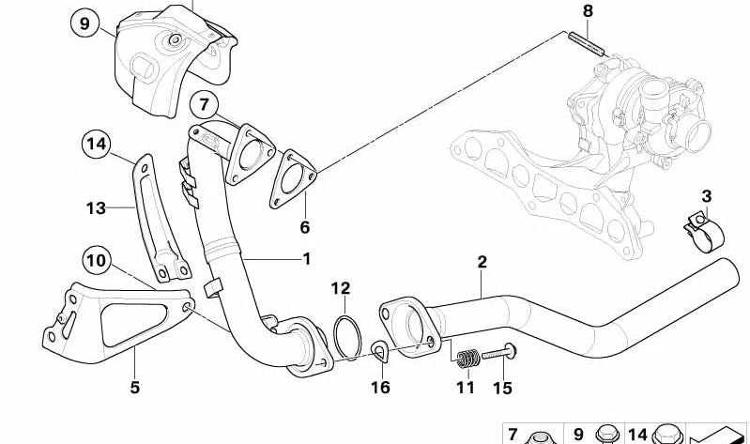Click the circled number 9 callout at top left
pyautogui.click(x=84, y=23)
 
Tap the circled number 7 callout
pyautogui.click(x=205, y=104)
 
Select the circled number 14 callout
pyautogui.click(x=96, y=144)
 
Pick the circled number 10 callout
pyautogui.click(x=97, y=260)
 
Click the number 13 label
pyautogui.click(x=96, y=208)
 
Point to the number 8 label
pyautogui.click(x=588, y=11)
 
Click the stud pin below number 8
pyautogui.click(x=587, y=43)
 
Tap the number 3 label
pyautogui.click(x=707, y=196)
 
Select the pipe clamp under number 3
pyautogui.click(x=703, y=232)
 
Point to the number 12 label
pyautogui.click(x=341, y=288)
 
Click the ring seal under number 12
pyautogui.click(x=347, y=338)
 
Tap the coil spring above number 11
pyautogui.click(x=467, y=359)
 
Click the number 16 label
pyautogui.click(x=380, y=387)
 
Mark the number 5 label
pyautogui.click(x=135, y=387)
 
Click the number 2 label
pyautogui.click(x=482, y=262)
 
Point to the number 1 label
pyautogui.click(x=307, y=259)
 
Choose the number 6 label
pyautogui.click(x=305, y=227)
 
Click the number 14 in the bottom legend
pyautogui.click(x=637, y=435)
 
